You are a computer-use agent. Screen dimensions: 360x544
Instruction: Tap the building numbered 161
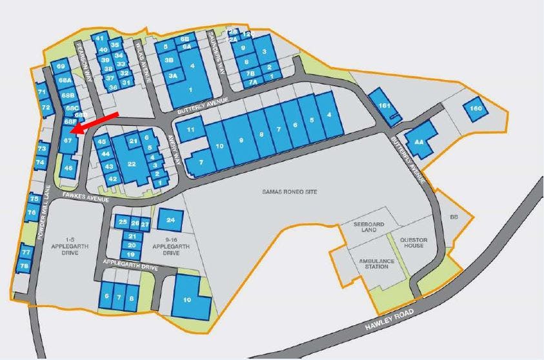pos(385,105)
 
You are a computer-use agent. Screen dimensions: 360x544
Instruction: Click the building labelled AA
pos(419,142)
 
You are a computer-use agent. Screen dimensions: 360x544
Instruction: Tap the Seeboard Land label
pos(369,227)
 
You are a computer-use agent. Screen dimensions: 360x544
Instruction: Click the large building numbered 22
pos(132,164)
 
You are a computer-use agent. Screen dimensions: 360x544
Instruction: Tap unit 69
pos(61,66)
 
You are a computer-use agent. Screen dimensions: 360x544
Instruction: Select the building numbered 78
pos(25,266)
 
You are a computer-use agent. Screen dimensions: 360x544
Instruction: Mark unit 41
pos(99,39)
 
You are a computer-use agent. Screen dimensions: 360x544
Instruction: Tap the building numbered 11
pos(190,130)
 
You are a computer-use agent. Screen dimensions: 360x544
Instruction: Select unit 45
pos(102,141)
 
